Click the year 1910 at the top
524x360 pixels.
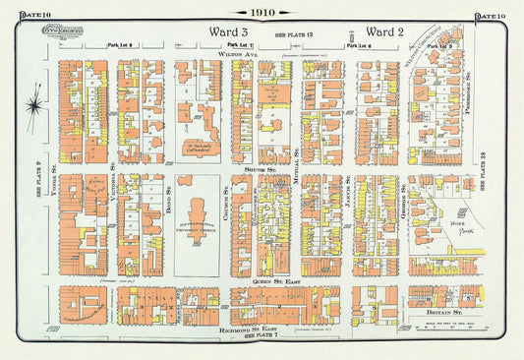(x=262, y=13)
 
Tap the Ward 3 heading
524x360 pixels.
(x=231, y=31)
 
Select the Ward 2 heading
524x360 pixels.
(x=386, y=31)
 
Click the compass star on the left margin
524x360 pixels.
(x=35, y=100)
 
